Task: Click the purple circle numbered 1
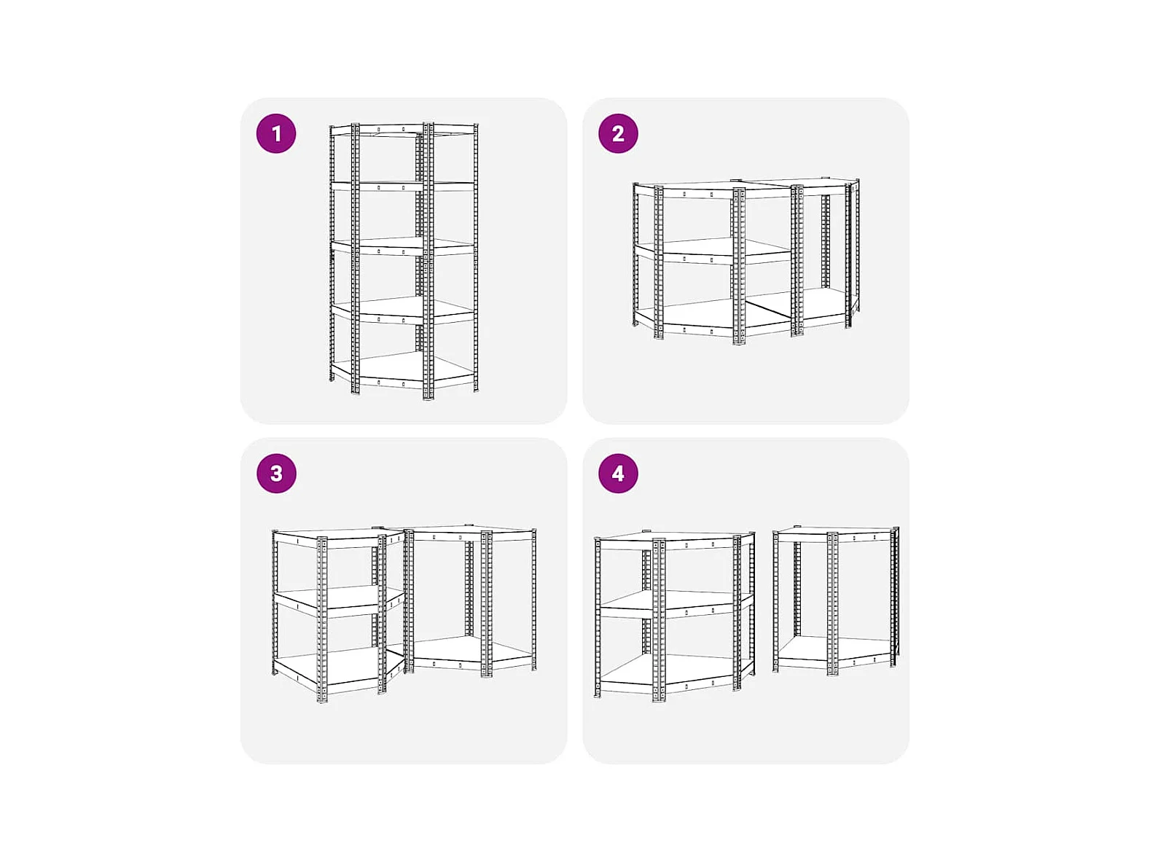(275, 133)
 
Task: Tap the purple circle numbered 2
(617, 133)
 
